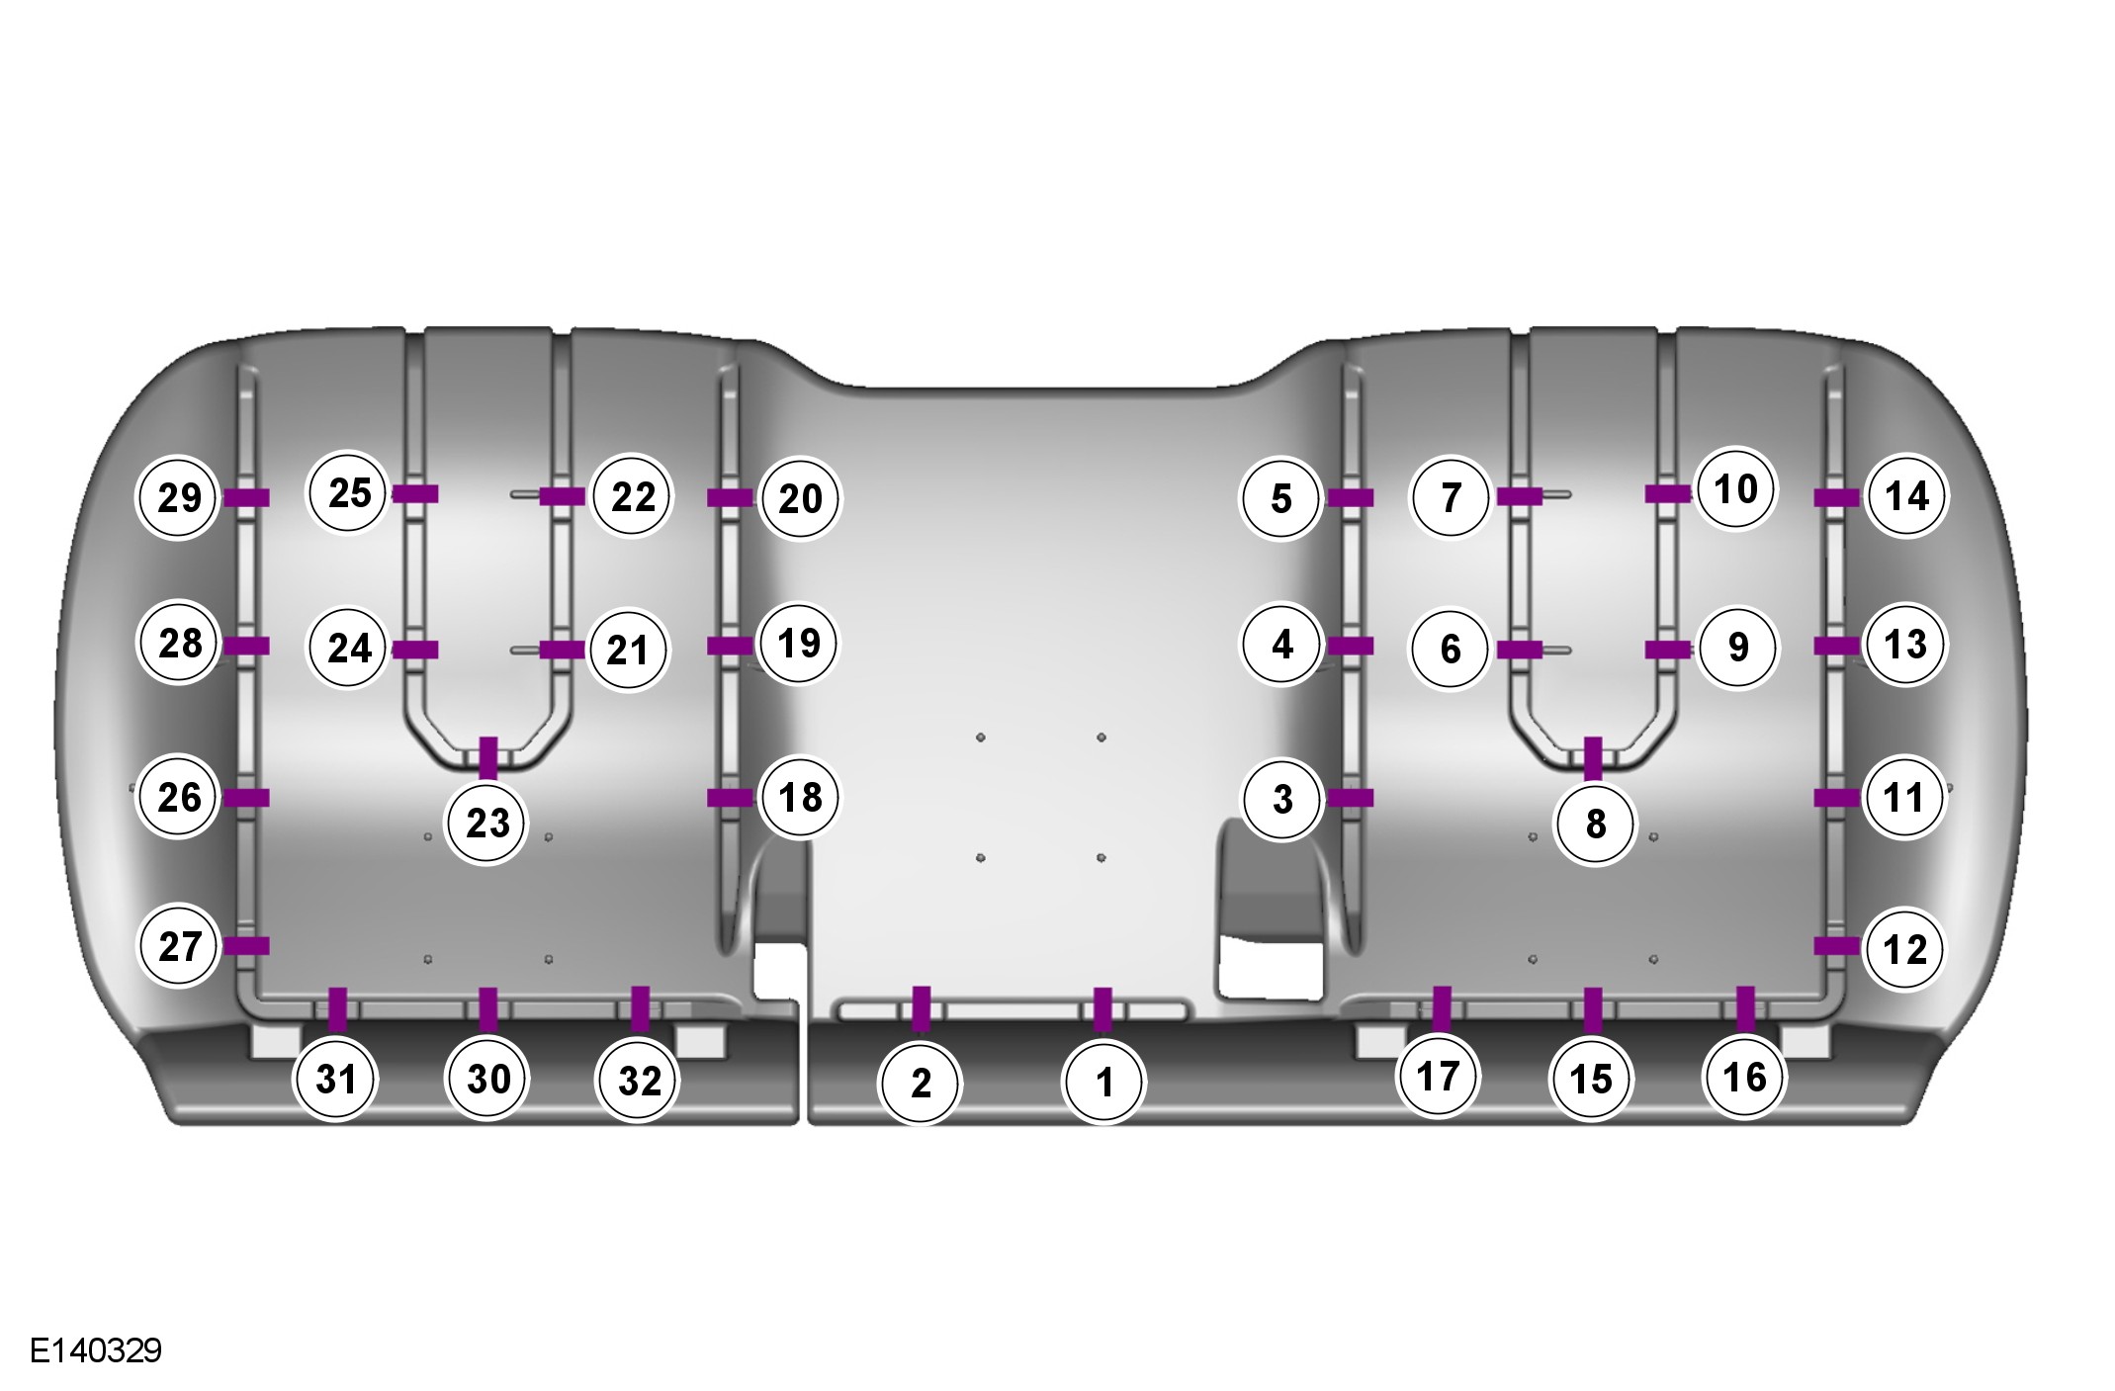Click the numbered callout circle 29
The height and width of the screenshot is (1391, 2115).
point(180,497)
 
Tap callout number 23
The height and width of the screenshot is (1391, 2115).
point(487,823)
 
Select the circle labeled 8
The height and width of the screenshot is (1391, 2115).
point(1595,824)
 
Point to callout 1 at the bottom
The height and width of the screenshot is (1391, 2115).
point(1103,1083)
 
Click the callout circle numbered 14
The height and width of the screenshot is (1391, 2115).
point(1906,496)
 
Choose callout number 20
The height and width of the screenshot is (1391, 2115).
point(800,498)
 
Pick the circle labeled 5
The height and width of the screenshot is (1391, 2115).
point(1281,498)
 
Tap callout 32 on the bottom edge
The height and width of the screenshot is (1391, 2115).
point(639,1081)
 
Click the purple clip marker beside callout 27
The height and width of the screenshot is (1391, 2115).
point(246,946)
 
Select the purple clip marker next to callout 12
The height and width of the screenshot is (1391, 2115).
point(1837,946)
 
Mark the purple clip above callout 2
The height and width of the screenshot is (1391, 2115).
point(921,1008)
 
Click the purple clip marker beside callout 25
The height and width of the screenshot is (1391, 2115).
point(415,494)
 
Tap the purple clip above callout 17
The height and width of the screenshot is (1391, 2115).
point(1442,1007)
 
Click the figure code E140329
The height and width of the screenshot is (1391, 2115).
point(96,1350)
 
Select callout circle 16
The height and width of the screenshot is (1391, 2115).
point(1744,1077)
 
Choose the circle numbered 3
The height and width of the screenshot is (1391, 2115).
point(1282,799)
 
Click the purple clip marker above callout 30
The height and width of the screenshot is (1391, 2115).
point(487,1009)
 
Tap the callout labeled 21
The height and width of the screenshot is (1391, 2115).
point(627,651)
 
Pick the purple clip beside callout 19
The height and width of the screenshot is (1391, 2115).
point(731,646)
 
